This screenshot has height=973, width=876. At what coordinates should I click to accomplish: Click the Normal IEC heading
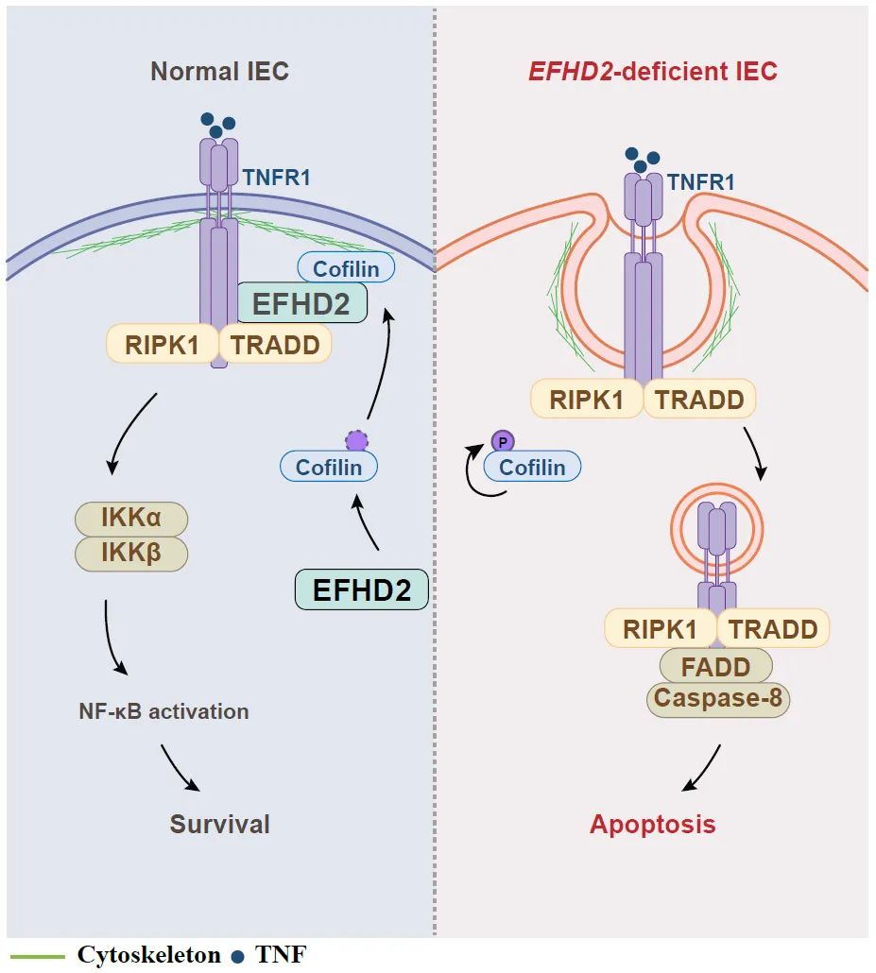220,72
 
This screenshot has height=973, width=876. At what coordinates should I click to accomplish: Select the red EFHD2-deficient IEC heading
652,72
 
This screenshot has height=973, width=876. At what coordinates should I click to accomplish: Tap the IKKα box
131,519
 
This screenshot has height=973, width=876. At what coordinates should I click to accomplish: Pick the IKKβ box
131,553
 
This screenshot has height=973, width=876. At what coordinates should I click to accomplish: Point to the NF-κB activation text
163,711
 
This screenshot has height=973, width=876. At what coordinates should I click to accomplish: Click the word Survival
220,824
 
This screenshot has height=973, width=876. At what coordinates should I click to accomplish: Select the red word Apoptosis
652,824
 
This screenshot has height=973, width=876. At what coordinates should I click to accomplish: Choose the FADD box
715,666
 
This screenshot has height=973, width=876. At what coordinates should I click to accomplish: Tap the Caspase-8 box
718,699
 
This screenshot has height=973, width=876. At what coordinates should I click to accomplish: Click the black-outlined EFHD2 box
362,589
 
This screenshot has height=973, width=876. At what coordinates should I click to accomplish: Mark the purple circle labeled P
503,442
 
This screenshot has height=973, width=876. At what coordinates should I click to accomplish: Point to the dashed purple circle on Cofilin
357,441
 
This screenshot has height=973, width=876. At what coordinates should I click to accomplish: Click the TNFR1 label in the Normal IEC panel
276,179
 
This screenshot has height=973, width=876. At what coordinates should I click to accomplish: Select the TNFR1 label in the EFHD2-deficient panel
701,182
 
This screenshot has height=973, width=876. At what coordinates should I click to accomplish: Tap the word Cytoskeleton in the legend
149,954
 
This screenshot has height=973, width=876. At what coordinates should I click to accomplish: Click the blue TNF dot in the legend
237,956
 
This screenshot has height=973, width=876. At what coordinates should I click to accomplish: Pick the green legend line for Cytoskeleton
38,956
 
